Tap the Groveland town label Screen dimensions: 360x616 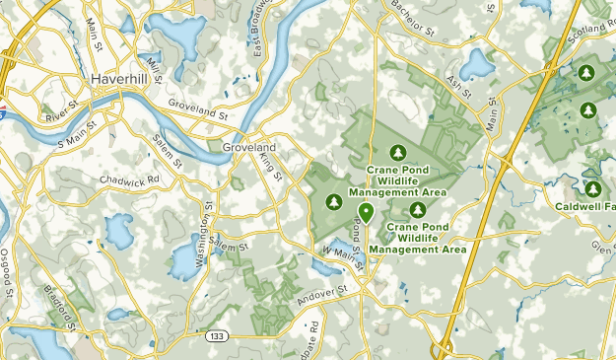tap(248, 146)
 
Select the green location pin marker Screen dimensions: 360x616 tap(367, 211)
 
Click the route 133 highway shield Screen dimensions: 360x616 tap(216, 337)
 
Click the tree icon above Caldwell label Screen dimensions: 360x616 tap(593, 187)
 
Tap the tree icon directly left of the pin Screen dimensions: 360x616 tap(334, 202)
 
